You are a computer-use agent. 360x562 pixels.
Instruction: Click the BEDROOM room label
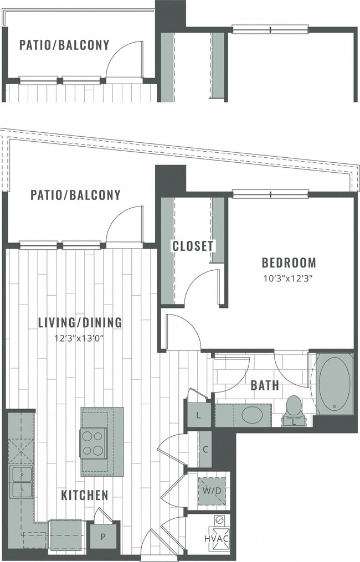(x=289, y=262)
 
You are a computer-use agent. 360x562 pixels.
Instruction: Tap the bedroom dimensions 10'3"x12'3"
(x=289, y=279)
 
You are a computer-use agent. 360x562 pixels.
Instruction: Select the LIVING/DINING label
(x=80, y=322)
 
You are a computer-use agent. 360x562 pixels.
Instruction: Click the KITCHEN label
(x=84, y=495)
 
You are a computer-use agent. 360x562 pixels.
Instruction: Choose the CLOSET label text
(x=192, y=246)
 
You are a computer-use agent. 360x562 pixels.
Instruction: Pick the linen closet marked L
(x=198, y=416)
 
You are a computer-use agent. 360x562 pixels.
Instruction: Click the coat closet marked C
(x=204, y=449)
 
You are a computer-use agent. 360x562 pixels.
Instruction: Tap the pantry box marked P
(x=104, y=537)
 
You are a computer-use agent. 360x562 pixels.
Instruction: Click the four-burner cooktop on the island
(x=91, y=443)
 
